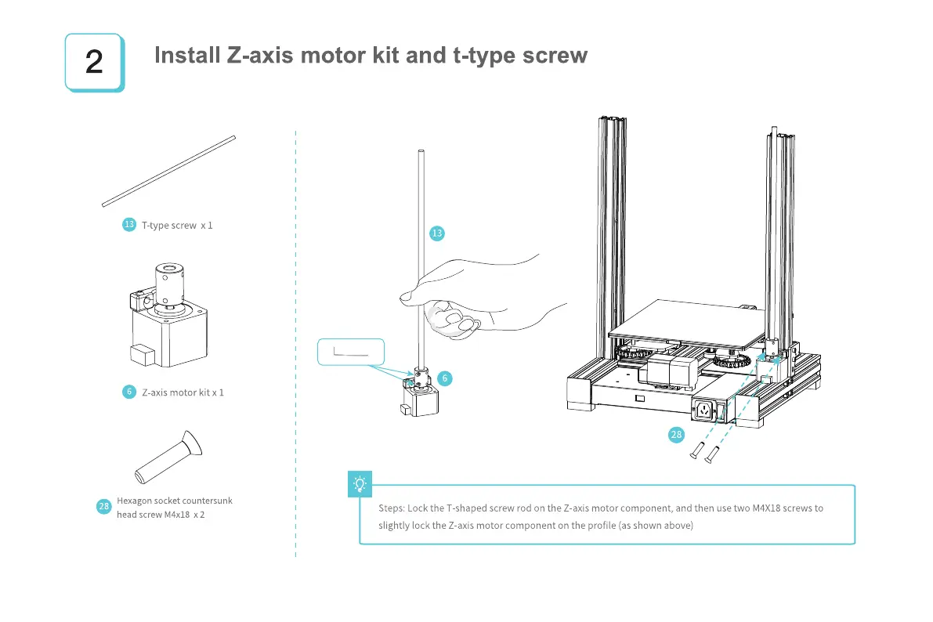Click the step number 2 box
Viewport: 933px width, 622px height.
[x=93, y=62]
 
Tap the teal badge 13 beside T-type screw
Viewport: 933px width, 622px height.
[x=129, y=225]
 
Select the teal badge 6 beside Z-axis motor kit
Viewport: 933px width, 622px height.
[x=129, y=392]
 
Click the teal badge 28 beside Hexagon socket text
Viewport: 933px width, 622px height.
[x=103, y=507]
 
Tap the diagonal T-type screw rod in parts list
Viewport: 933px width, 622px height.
[x=168, y=172]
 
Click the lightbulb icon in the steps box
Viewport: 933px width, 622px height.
[x=360, y=484]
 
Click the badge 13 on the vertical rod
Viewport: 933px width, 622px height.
[x=437, y=233]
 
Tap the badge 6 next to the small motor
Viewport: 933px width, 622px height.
[x=444, y=378]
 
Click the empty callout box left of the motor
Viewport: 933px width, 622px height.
[x=352, y=353]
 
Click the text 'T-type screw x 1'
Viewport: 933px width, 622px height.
[x=177, y=226]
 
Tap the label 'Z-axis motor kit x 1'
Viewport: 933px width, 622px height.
[x=183, y=392]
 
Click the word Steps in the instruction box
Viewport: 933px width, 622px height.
[x=391, y=508]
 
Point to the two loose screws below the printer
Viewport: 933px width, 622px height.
[x=703, y=452]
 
